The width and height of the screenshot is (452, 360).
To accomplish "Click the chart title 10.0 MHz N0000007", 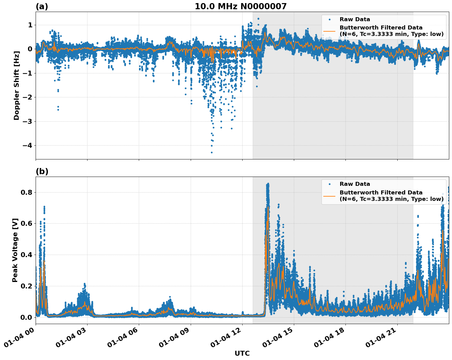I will click(240, 6).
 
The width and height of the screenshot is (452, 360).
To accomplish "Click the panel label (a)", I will click(42, 6).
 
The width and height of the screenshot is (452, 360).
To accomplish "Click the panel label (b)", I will click(42, 171).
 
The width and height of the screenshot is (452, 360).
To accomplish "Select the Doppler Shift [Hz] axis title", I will click(17, 85).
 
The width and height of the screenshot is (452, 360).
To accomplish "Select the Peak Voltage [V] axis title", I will click(15, 250).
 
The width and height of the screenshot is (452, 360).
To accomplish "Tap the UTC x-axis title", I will click(242, 353).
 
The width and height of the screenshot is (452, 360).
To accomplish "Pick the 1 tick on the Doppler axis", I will click(30, 25).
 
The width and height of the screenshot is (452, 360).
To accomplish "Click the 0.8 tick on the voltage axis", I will click(26, 193).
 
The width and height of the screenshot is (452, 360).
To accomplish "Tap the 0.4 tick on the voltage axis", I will click(26, 255).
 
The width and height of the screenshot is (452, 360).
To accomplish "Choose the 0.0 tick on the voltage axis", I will click(26, 317).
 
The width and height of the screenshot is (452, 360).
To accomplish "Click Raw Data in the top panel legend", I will click(355, 19).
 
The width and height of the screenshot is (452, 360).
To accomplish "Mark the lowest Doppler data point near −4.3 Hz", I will click(212, 152).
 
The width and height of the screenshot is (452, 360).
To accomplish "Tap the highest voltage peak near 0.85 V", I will click(268, 184).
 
